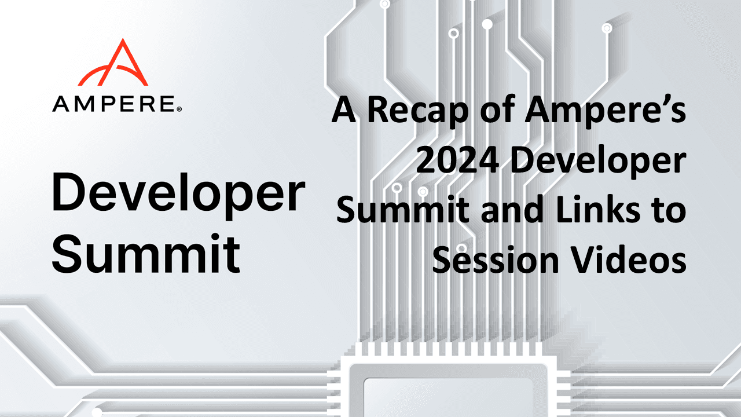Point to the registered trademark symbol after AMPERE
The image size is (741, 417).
[179, 109]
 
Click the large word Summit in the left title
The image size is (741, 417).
[146, 253]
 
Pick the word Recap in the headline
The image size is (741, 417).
[418, 111]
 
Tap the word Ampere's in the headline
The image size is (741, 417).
[606, 111]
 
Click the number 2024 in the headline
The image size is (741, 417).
[457, 161]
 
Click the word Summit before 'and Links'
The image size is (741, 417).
[402, 210]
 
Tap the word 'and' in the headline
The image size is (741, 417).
[512, 210]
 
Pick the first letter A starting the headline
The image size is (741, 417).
[343, 110]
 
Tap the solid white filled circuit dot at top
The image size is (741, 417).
[487, 24]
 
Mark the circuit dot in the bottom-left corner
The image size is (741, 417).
[97, 412]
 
